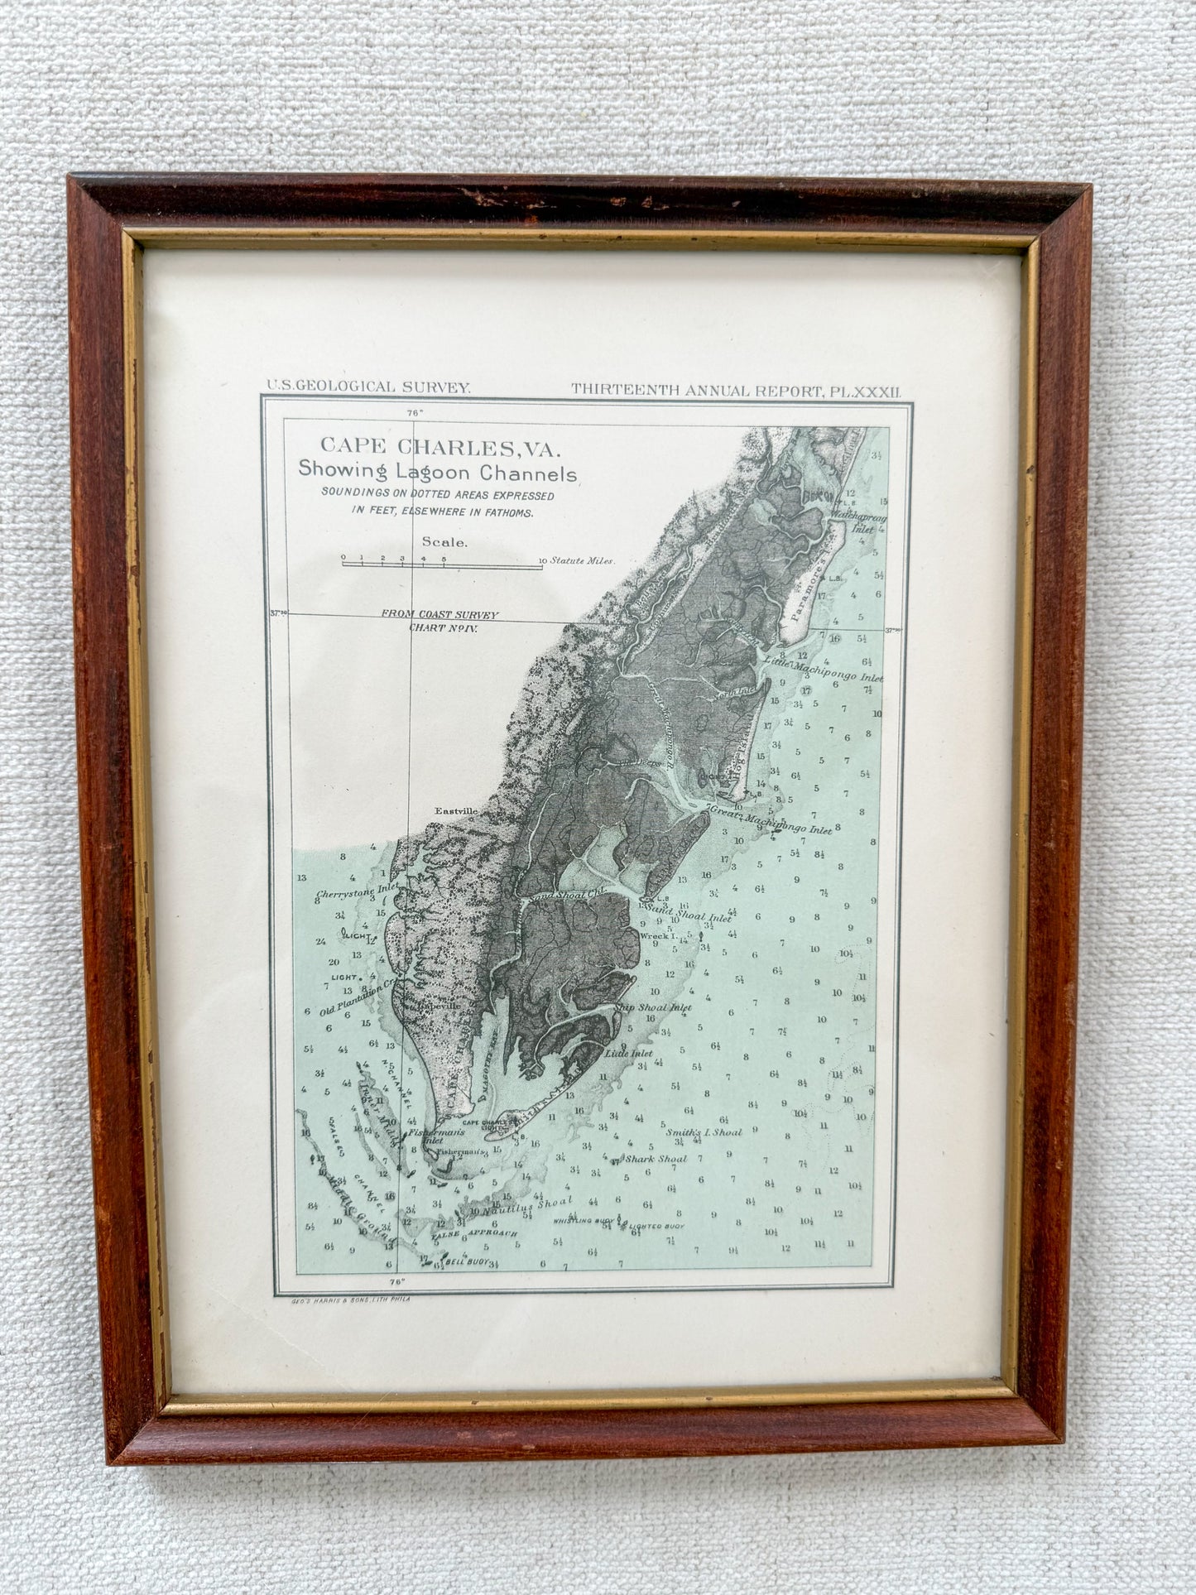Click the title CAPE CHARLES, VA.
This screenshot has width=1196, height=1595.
pyautogui.click(x=440, y=448)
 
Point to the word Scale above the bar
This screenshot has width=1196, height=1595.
pyautogui.click(x=445, y=543)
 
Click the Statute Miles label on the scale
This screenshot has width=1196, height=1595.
pyautogui.click(x=584, y=560)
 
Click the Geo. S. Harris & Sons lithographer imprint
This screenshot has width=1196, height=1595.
pyautogui.click(x=351, y=1300)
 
